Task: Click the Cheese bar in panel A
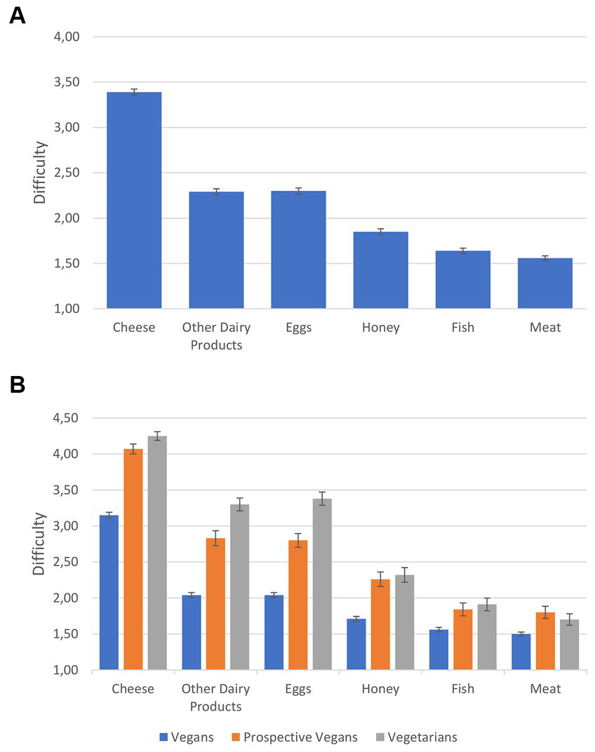[134, 200]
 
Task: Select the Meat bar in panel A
[545, 283]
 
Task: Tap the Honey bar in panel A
[380, 269]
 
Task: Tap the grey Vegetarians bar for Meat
[569, 645]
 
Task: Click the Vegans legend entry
[185, 737]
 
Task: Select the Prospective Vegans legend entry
[294, 737]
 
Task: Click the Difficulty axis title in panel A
[41, 173]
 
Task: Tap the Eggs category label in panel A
[298, 328]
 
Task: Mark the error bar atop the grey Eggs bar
[322, 498]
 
